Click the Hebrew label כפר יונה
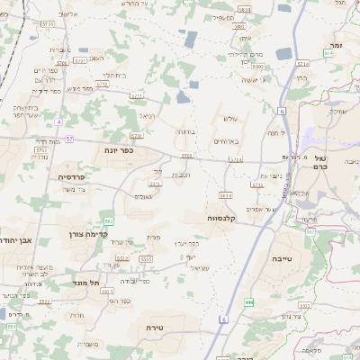coord(119,150)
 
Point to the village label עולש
coord(228,118)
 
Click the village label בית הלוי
coord(117,75)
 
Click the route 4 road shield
coord(58,120)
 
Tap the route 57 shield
coord(68,139)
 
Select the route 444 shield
coord(248,301)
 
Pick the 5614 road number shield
coord(225,194)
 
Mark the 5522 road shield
coord(44,301)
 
